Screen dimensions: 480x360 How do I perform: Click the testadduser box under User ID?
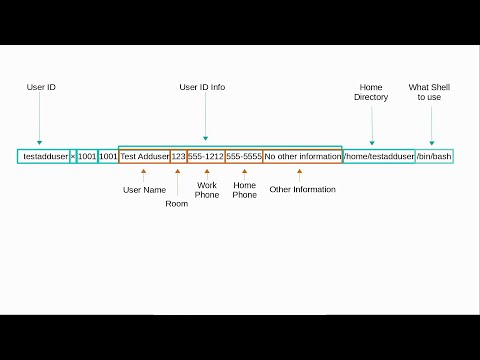click(43, 157)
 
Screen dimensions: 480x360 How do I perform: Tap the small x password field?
click(73, 157)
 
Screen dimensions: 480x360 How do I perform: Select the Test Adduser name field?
click(144, 157)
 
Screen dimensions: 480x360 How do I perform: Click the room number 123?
click(178, 157)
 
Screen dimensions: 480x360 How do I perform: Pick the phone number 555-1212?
click(205, 157)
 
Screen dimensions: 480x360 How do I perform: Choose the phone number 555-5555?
click(244, 157)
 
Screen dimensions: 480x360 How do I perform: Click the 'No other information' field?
click(302, 157)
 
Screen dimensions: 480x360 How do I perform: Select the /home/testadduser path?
click(379, 157)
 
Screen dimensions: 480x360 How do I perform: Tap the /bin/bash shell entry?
click(434, 157)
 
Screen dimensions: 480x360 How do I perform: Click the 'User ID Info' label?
click(202, 87)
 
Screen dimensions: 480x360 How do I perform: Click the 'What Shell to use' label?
click(431, 92)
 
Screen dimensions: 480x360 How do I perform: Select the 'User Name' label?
click(143, 189)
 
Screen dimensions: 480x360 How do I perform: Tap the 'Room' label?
click(176, 203)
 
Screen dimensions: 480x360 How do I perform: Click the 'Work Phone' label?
click(207, 190)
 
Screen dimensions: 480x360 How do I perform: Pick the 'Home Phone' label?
click(244, 190)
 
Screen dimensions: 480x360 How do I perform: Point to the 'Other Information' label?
click(302, 189)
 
